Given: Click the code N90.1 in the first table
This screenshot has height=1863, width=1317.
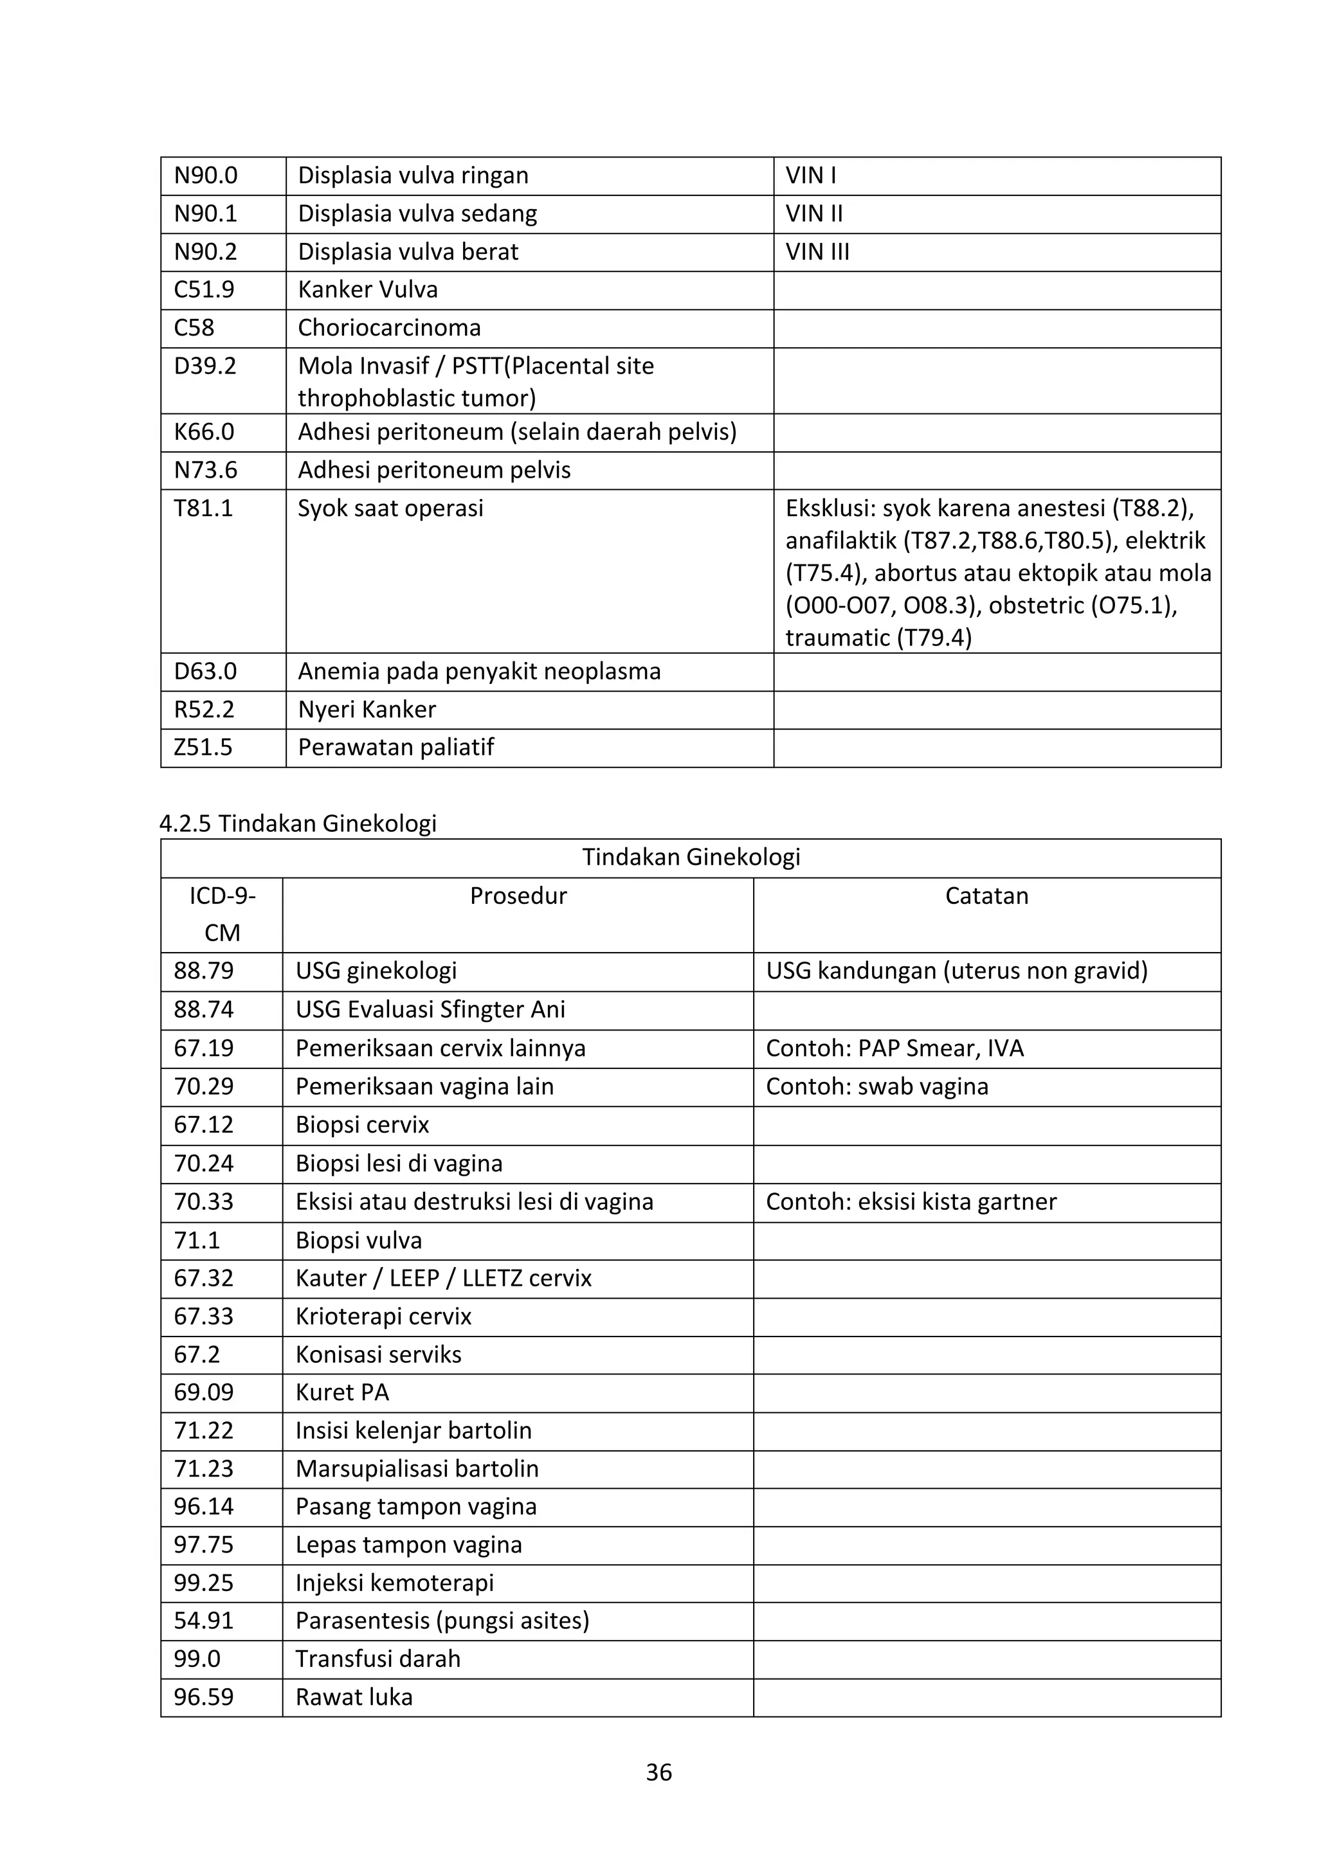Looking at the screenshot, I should coord(205,214).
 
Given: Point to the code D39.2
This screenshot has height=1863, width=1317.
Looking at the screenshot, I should coord(204,366).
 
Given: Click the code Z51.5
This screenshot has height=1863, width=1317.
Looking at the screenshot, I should coord(203,747).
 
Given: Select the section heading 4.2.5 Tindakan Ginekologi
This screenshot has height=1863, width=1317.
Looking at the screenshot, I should coord(298,824).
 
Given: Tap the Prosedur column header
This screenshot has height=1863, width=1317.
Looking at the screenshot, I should coord(518,896).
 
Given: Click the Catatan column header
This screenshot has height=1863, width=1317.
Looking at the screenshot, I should coord(986,896).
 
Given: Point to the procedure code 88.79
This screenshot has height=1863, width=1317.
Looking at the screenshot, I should coord(204,971).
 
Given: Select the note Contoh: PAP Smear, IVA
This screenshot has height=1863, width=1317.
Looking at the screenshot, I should coord(895,1048).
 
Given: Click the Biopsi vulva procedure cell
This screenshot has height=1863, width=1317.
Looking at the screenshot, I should coord(359,1241).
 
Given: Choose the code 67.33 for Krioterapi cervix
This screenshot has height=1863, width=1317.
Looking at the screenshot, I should coord(204,1316).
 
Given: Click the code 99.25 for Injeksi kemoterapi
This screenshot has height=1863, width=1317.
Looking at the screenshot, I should coord(204,1583).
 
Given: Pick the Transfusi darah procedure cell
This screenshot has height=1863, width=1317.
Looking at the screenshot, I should coord(377,1659).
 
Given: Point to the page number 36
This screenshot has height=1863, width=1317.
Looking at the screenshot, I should coord(658,1772).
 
